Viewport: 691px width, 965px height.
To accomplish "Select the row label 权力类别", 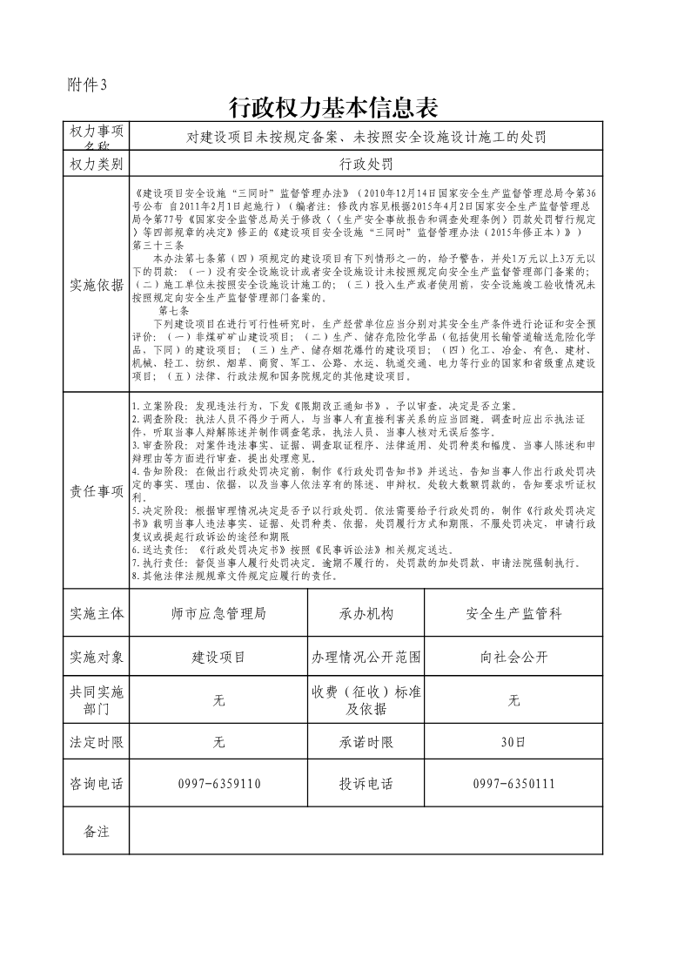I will (x=96, y=163).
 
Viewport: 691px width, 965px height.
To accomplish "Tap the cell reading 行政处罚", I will (x=366, y=163).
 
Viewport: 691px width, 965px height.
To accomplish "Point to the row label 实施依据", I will (x=96, y=285).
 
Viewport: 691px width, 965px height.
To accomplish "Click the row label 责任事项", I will (x=96, y=491).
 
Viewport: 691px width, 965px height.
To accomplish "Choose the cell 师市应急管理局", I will (x=218, y=614).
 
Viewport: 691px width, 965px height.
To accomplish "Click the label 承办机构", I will (x=366, y=614).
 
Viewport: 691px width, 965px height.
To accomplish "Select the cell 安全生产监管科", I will (x=513, y=614).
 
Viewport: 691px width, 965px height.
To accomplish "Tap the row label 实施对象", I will (x=96, y=657).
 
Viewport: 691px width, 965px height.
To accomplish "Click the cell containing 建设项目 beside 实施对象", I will (x=218, y=657).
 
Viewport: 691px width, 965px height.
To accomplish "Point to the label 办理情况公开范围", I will (x=366, y=657).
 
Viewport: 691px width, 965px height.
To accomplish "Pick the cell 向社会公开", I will (x=513, y=657).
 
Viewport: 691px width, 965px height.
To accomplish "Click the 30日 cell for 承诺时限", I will (x=513, y=743).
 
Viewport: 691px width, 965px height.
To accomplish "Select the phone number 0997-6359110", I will (x=218, y=784).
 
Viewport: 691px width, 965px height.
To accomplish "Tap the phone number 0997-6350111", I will (x=513, y=784).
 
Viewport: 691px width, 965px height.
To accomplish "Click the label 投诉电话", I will (x=366, y=784).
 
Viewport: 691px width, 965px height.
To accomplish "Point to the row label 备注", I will (x=96, y=832).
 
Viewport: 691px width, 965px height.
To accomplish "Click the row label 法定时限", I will (x=96, y=743).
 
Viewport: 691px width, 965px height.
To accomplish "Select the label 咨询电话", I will (x=96, y=784).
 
